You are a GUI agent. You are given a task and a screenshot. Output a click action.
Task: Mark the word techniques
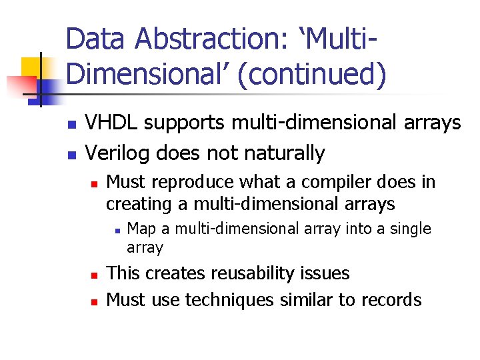[229, 300]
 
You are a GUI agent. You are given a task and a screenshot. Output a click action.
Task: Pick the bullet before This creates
[94, 275]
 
